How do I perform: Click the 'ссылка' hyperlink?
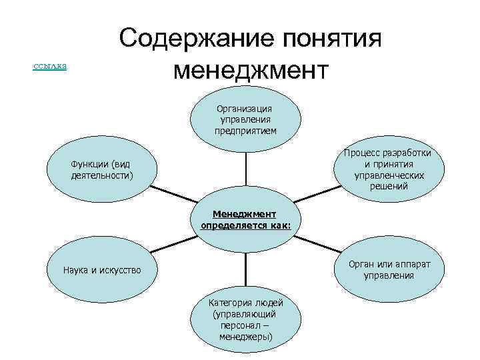49,66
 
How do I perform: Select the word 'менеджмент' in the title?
250,69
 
